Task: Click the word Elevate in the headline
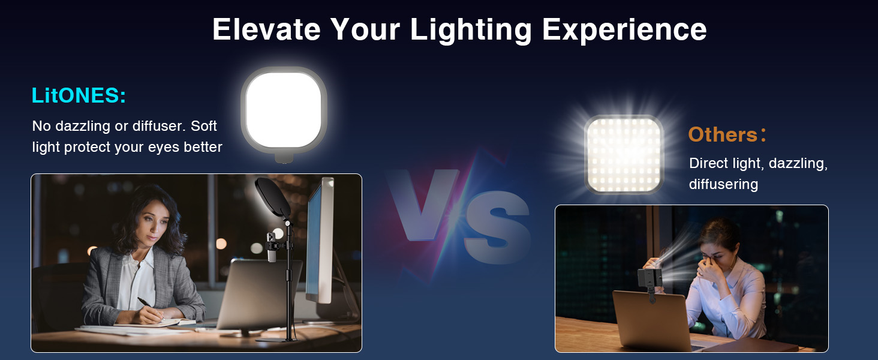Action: pyautogui.click(x=266, y=29)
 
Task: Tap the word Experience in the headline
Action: pyautogui.click(x=624, y=30)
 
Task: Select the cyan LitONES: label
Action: pyautogui.click(x=79, y=95)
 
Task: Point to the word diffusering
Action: pyautogui.click(x=723, y=184)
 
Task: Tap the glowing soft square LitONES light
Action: pyautogui.click(x=284, y=110)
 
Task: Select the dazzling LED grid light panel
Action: pyautogui.click(x=624, y=154)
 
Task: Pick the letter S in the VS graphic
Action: pyautogui.click(x=498, y=227)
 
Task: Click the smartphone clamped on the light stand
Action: pyautogui.click(x=271, y=247)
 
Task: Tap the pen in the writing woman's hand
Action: pyautogui.click(x=149, y=307)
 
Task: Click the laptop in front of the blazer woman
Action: pyautogui.click(x=258, y=294)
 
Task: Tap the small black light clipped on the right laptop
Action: pyautogui.click(x=650, y=278)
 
